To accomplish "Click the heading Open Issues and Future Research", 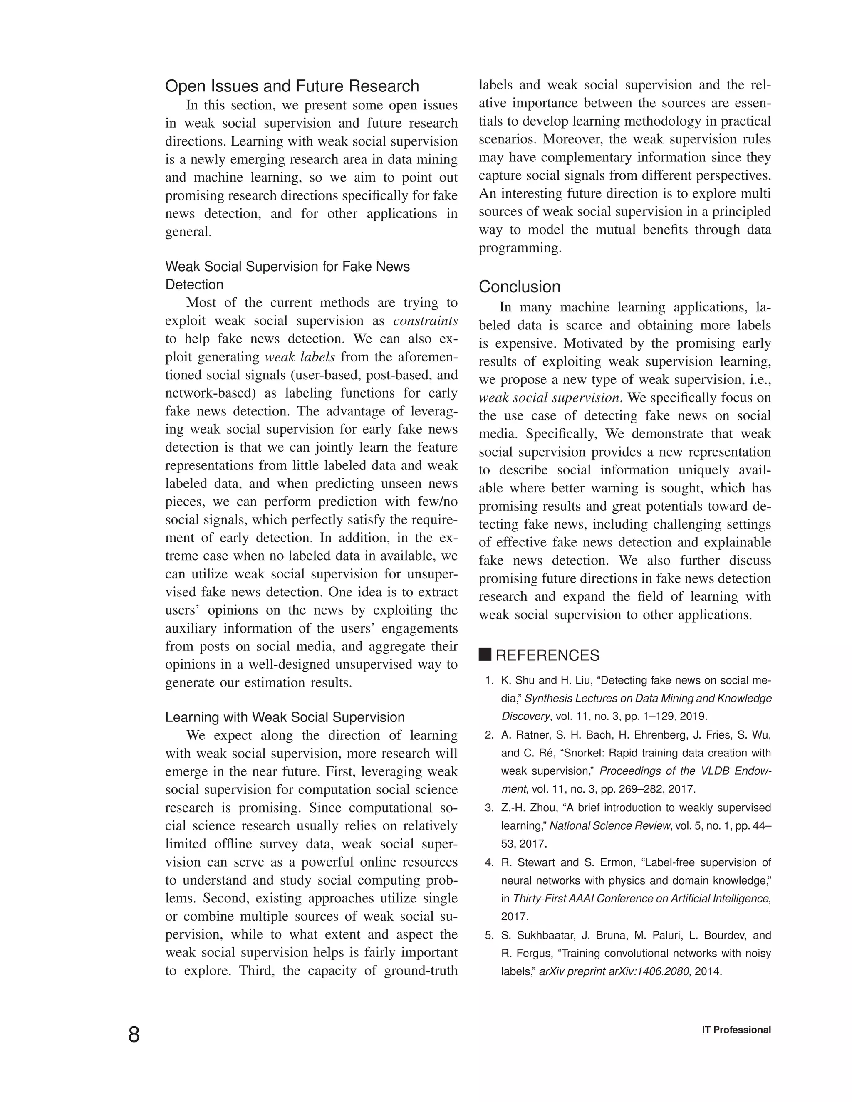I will click(292, 86).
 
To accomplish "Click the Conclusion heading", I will click(519, 287).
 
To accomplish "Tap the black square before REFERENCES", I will click(485, 655).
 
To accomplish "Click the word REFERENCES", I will click(547, 655).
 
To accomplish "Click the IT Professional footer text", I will click(736, 1030).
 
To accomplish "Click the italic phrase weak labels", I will click(300, 357).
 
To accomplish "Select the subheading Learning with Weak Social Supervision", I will click(285, 717).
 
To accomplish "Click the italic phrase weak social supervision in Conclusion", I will click(549, 398).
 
